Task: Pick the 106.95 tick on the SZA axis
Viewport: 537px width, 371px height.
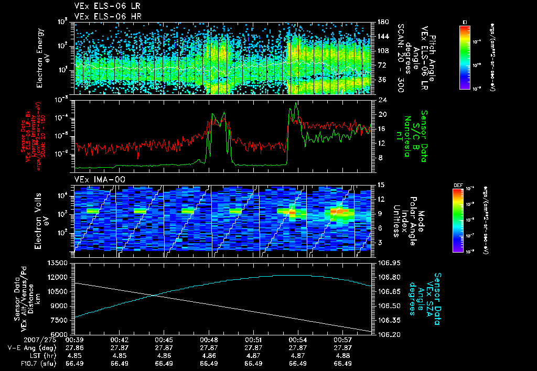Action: [x=388, y=263]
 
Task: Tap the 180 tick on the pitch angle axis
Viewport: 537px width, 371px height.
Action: [x=381, y=22]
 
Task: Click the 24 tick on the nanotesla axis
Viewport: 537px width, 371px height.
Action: [x=381, y=100]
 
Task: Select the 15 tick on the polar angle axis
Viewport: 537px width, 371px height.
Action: [x=381, y=185]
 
